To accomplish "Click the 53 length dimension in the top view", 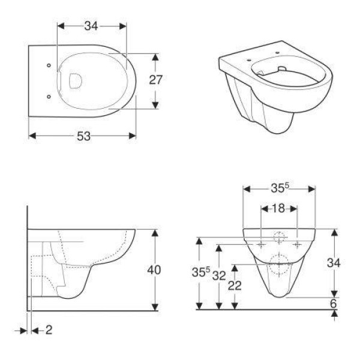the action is point(83,136).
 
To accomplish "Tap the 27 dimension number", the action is point(155,80).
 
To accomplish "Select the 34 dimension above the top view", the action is point(91,26).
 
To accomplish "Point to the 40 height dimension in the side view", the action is point(154,270).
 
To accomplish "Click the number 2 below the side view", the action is point(49,330).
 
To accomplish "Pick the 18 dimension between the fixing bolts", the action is point(278,208).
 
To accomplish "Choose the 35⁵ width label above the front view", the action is point(280,188).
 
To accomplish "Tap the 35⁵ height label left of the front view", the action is point(201,272).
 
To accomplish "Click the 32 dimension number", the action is point(219,276).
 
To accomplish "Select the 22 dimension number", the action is point(235,286).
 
